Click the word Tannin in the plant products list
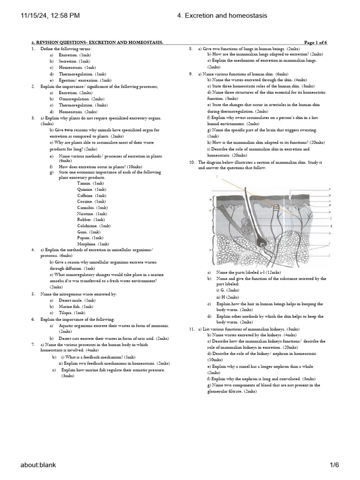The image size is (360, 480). tap(84, 183)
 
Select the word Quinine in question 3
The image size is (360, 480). tap(85, 189)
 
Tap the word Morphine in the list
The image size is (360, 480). tap(87, 244)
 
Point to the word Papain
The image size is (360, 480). tap(84, 238)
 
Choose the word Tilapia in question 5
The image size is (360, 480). tap(66, 312)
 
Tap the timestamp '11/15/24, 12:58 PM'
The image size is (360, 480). tap(51, 16)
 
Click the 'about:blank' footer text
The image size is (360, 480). tap(38, 465)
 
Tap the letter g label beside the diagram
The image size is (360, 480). tap(331, 226)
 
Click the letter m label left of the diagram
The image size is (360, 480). tap(210, 200)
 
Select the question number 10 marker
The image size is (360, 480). tap(192, 162)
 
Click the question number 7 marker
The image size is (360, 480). tap(33, 345)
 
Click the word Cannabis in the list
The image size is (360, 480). tap(86, 207)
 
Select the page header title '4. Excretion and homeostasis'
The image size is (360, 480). tap(222, 16)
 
